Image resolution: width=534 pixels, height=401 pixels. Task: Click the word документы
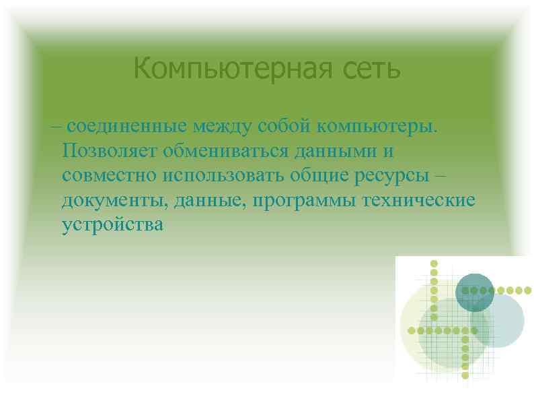[x=115, y=200]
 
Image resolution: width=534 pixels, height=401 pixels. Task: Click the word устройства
[x=112, y=224]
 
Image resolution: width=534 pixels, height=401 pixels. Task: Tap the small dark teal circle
[x=475, y=292]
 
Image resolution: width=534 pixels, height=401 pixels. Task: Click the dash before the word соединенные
[x=54, y=125]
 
